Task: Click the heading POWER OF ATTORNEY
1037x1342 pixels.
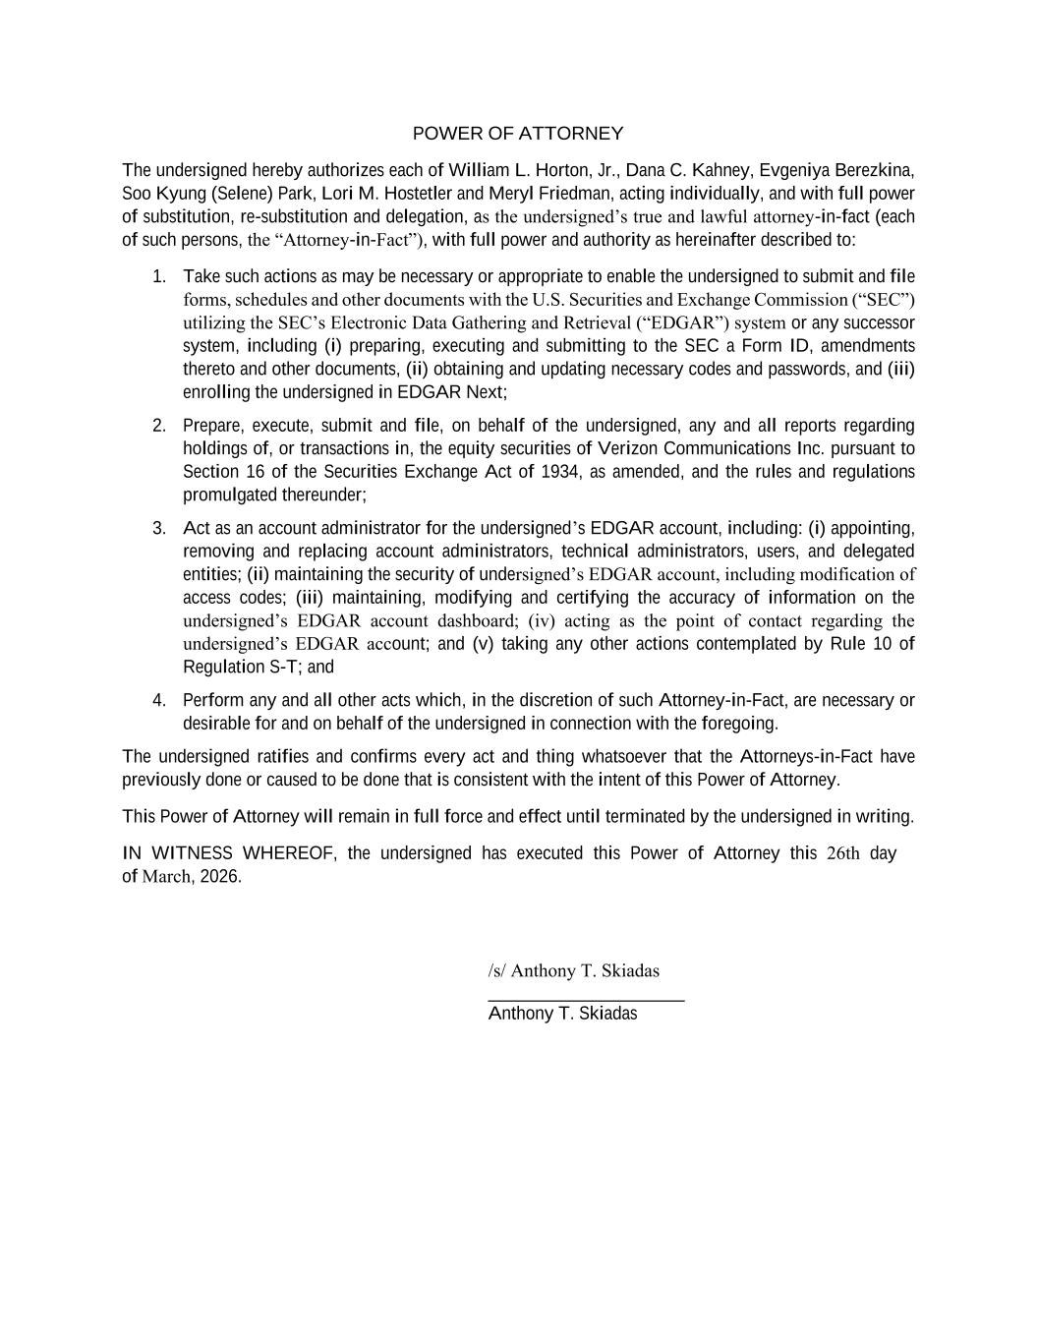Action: click(517, 134)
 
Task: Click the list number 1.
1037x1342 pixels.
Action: click(158, 276)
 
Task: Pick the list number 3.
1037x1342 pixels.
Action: click(158, 528)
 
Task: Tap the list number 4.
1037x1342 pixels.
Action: click(158, 700)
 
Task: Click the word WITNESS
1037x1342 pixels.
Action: click(193, 853)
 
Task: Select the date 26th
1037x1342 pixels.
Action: click(843, 853)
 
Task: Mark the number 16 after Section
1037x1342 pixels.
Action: click(256, 472)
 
